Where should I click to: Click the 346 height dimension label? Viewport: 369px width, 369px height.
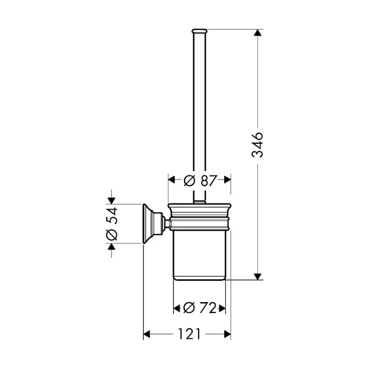click(x=257, y=144)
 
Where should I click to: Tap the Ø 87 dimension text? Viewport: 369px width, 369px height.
click(x=200, y=181)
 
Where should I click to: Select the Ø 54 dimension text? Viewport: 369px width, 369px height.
click(x=111, y=224)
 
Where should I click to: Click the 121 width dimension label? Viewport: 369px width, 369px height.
click(x=189, y=334)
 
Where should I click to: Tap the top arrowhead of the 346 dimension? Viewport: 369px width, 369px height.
click(x=258, y=33)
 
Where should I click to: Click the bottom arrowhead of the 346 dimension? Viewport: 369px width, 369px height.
click(x=258, y=276)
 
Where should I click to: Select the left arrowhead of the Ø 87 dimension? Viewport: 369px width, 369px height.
click(x=172, y=180)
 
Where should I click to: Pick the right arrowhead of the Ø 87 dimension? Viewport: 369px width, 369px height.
click(x=227, y=180)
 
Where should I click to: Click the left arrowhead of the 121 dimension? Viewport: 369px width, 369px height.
click(x=147, y=334)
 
